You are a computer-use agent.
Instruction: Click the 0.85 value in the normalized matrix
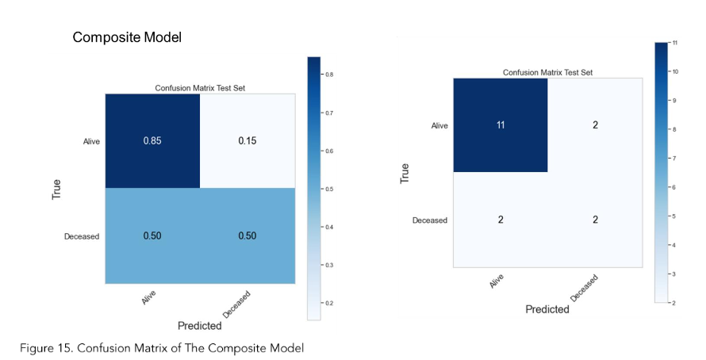[x=152, y=141]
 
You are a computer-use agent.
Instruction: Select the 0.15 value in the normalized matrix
[x=247, y=141]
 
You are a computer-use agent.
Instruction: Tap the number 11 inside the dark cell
[x=501, y=125]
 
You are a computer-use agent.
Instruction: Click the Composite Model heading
[x=127, y=37]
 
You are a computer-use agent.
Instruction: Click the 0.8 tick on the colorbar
[x=328, y=75]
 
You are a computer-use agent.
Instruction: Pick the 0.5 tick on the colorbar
[x=328, y=189]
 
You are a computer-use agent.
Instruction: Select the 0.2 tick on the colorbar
[x=328, y=304]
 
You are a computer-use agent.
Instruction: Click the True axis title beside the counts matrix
[x=405, y=173]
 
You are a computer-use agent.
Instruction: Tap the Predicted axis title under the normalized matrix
[x=200, y=325]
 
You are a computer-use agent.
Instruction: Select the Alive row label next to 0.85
[x=91, y=142]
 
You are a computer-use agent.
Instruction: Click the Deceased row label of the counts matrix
[x=430, y=220]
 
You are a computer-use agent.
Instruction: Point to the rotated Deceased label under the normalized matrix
[x=236, y=304]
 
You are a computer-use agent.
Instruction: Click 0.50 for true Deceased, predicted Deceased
[x=247, y=236]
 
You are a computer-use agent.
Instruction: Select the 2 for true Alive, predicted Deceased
[x=595, y=125]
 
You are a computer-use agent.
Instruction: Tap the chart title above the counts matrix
[x=547, y=72]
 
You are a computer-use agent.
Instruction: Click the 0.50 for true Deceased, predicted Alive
[x=152, y=236]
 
